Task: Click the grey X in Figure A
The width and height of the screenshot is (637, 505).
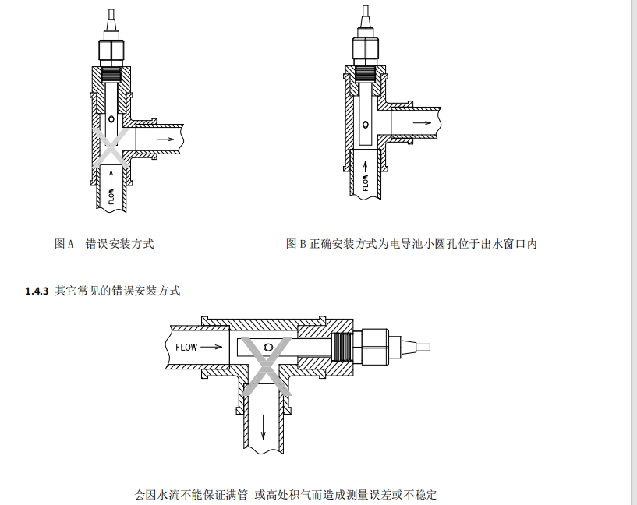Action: [x=112, y=145]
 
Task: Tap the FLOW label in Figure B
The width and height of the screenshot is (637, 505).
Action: [x=365, y=182]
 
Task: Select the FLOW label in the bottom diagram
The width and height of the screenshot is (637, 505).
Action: [x=186, y=347]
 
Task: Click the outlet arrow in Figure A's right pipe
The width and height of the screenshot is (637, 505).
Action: [x=165, y=139]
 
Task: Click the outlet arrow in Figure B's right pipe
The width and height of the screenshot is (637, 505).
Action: [x=421, y=122]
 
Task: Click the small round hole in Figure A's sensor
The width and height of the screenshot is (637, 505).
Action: [x=111, y=120]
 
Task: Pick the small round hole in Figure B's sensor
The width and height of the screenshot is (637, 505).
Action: [x=365, y=122]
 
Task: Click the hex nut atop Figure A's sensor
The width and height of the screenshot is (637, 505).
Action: [x=112, y=51]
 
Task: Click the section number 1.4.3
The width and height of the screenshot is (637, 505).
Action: [x=37, y=291]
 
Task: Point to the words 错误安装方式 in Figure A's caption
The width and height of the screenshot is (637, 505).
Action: [x=119, y=244]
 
